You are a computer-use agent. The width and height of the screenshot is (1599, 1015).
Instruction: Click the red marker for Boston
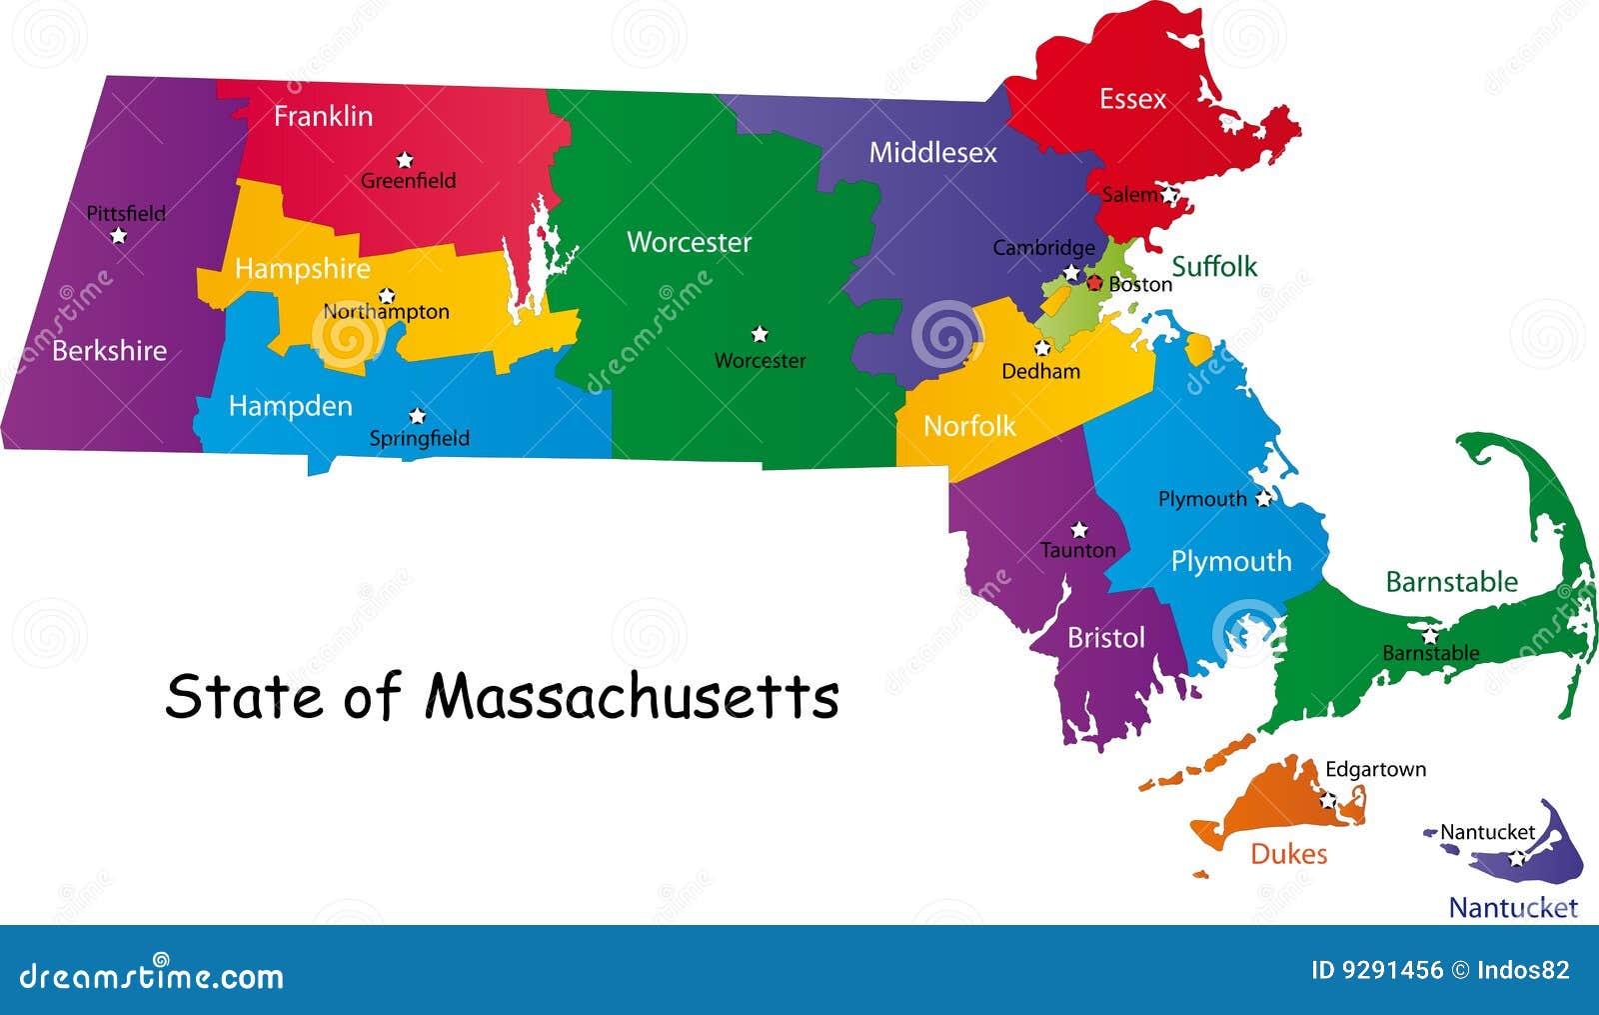1094,283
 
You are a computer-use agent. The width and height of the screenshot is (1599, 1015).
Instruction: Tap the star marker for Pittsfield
119,236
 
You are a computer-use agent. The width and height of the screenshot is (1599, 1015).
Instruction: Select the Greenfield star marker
404,160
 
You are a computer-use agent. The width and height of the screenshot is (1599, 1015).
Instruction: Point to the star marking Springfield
418,416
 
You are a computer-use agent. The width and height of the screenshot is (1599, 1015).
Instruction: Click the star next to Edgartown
1328,800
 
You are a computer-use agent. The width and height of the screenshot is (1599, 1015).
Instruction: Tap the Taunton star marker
1079,529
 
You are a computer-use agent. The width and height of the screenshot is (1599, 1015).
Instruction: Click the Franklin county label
323,116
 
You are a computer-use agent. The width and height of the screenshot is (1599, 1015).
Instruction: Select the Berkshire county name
109,350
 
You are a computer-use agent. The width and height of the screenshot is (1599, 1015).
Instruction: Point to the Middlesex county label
932,152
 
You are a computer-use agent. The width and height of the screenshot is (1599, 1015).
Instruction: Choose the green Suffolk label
1214,266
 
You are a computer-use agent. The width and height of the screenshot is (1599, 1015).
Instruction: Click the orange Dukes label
1288,854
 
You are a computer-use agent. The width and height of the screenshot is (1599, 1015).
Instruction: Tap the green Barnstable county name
1451,581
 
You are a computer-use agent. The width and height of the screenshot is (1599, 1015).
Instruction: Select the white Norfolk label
968,426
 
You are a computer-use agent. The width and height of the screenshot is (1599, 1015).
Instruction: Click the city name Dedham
1040,371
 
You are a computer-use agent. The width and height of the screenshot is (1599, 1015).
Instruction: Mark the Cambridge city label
1043,247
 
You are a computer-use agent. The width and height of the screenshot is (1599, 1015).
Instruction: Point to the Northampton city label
386,312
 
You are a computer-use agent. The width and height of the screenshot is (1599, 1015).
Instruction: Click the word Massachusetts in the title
632,696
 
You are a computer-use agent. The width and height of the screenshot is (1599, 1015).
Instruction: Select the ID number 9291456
1376,970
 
